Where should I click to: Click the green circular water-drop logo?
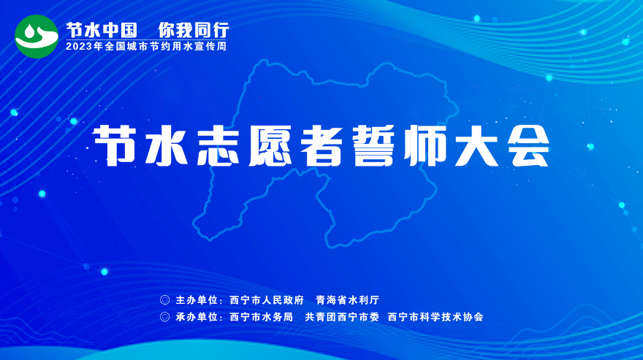37,37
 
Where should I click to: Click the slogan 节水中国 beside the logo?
102,30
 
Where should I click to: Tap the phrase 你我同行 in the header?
194,30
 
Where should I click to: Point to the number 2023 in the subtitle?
79,46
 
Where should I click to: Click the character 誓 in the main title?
373,145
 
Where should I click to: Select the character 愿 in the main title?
270,145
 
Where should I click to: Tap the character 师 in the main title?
425,145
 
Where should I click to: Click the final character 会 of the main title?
528,145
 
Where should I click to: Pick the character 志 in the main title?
218,145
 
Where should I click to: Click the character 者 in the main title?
321,145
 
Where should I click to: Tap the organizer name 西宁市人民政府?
267,300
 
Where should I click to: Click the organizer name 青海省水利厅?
348,300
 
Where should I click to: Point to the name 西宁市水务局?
262,317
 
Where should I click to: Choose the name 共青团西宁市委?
342,317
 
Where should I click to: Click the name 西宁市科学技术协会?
435,317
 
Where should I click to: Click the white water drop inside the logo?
31,31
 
